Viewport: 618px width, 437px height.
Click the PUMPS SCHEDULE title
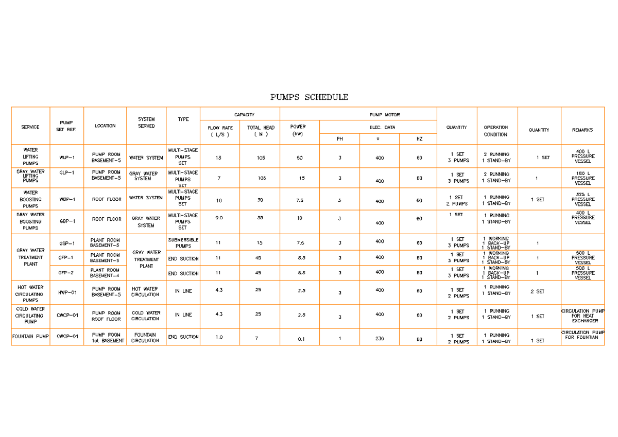point(309,97)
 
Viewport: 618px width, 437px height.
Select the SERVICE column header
point(30,127)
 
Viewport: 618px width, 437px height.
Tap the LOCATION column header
point(105,126)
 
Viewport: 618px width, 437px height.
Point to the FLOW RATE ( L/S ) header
point(220,131)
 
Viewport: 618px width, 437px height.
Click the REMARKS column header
point(582,130)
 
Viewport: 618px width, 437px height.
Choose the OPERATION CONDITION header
point(495,131)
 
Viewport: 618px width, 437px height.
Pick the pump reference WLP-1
point(67,158)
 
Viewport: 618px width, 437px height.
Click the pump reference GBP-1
point(67,221)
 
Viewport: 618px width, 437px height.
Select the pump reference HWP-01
point(67,292)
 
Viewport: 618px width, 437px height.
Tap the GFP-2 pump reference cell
point(66,273)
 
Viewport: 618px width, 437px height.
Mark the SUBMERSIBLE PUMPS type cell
point(183,243)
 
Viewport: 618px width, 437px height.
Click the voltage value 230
point(380,339)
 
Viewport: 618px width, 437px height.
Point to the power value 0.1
point(301,339)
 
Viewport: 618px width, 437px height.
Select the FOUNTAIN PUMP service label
point(30,337)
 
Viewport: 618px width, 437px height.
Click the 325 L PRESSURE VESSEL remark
point(583,199)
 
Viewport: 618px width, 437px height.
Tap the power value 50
point(300,158)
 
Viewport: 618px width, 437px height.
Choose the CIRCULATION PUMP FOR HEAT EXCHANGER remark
point(583,316)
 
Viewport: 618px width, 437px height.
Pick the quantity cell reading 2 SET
point(538,291)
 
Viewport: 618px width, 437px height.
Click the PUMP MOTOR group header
point(384,114)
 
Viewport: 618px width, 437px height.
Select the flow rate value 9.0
point(219,218)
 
